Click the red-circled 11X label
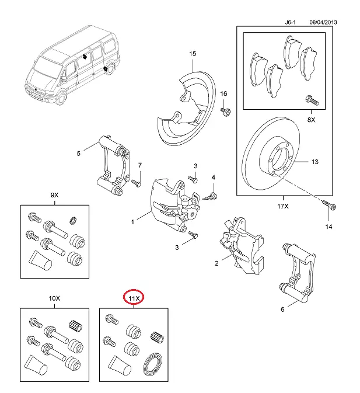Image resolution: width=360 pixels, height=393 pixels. point(135,298)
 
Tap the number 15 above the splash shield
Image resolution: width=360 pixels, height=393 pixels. point(192,54)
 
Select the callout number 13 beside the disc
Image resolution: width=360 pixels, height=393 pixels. point(315,162)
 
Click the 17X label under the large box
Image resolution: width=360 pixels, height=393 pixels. point(283,206)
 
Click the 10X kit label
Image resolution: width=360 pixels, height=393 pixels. point(54,298)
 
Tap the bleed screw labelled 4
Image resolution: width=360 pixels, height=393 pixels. point(212,195)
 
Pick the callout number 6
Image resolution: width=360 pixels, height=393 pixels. point(282,309)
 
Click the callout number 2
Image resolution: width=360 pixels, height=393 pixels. point(216,264)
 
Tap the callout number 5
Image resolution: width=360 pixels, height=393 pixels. point(78,154)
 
